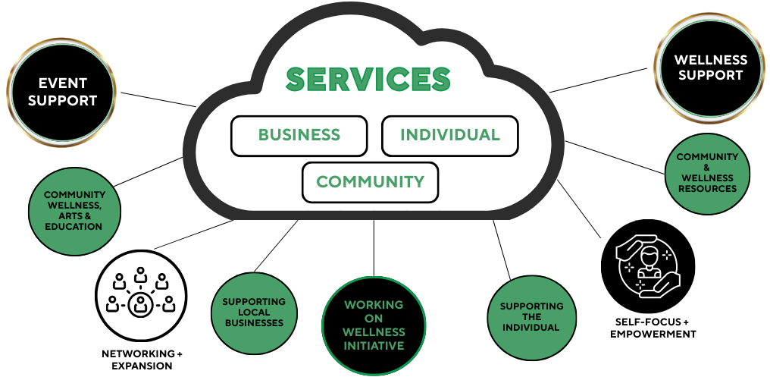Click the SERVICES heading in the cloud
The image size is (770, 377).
click(368, 80)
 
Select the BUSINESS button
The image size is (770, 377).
click(299, 136)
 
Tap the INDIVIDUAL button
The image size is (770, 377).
click(449, 136)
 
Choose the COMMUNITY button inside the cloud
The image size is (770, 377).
click(370, 182)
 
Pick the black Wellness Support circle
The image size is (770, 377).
click(709, 68)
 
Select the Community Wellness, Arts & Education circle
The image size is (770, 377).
click(74, 211)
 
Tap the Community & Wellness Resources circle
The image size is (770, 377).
click(707, 173)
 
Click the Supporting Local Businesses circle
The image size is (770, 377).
click(254, 313)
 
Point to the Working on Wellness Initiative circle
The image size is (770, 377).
click(374, 325)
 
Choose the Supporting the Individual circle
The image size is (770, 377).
click(531, 317)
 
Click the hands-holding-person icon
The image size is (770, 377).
click(648, 266)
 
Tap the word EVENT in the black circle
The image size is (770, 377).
click(63, 83)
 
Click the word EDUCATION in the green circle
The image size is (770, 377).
click(74, 226)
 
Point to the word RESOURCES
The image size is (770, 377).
click(707, 189)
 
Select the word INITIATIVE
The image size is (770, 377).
click(374, 346)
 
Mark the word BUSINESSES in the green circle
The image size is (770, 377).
click(254, 323)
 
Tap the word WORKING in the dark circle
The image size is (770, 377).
click(374, 305)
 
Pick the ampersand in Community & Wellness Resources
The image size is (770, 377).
click(707, 168)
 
